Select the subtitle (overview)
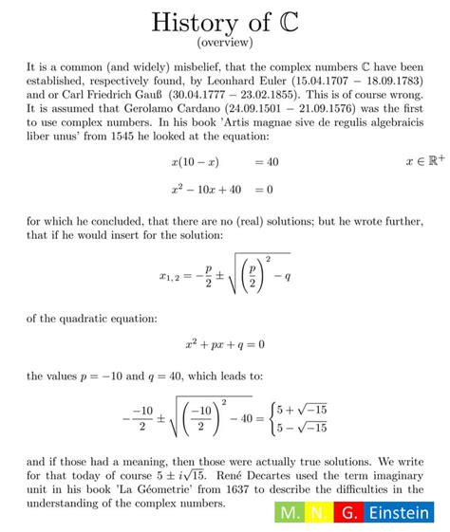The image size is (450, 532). coord(224,43)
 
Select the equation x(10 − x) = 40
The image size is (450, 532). coord(225,162)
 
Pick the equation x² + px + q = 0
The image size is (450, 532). coord(225,344)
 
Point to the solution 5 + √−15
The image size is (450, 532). coord(300,409)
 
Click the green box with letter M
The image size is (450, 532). coord(288,512)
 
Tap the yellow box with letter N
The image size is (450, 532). coord(322,512)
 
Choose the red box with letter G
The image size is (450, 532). coord(350,512)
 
